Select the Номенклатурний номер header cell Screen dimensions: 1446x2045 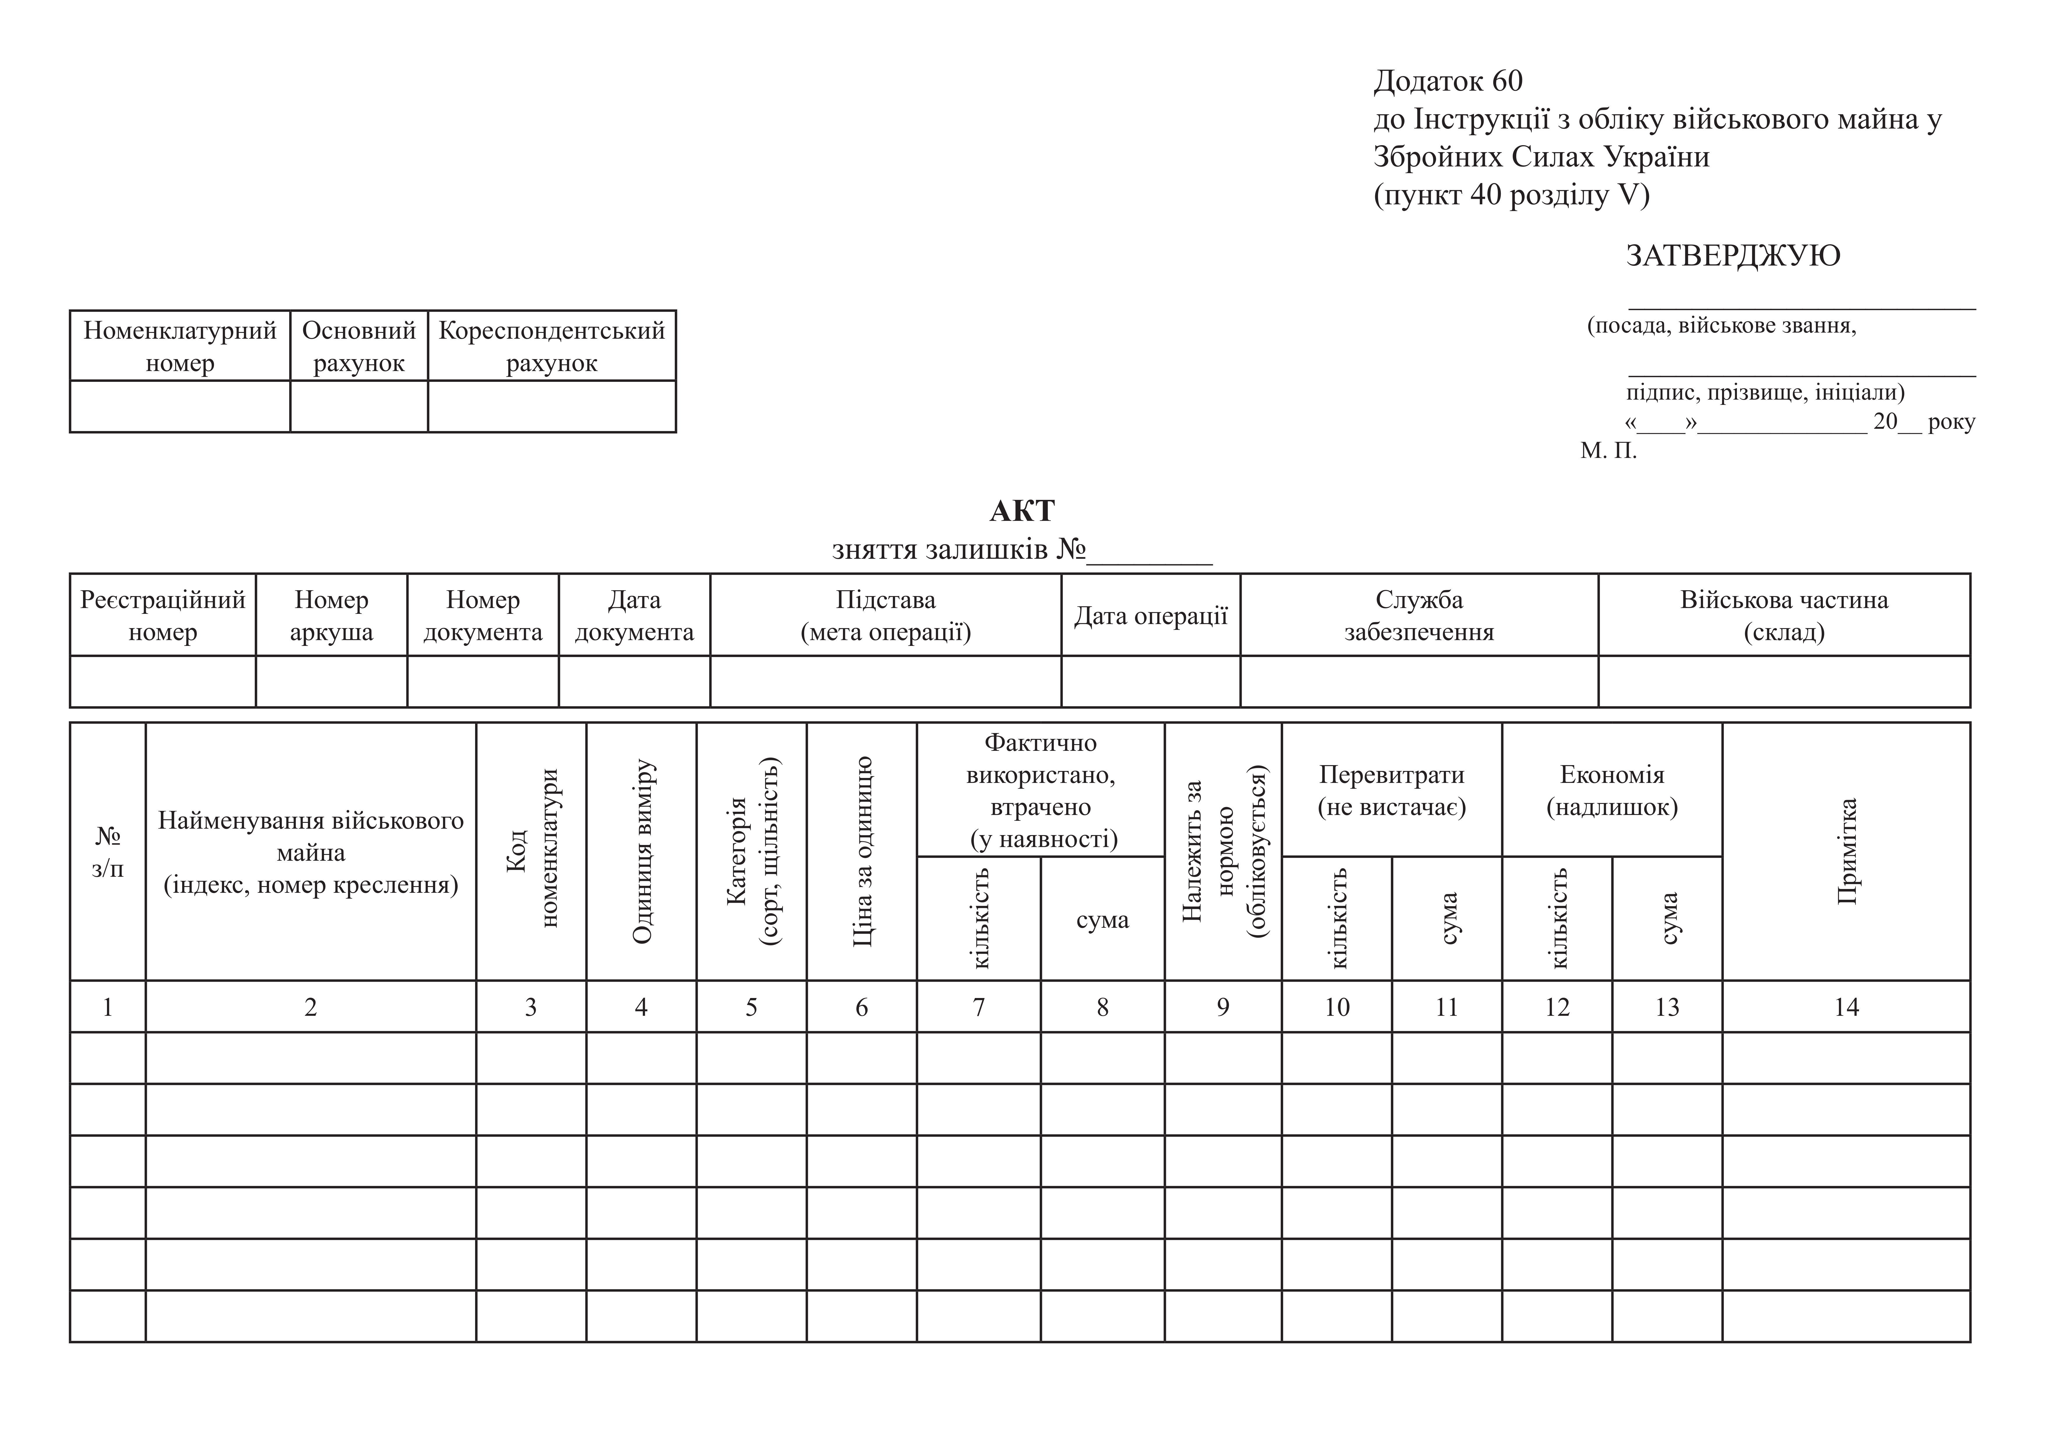[x=180, y=347]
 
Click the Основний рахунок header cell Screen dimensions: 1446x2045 [x=359, y=347]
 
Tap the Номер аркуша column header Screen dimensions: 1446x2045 [x=331, y=616]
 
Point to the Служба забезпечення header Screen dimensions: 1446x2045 [x=1419, y=616]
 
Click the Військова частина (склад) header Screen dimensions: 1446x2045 [x=1784, y=616]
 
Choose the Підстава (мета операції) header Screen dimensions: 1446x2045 [x=885, y=616]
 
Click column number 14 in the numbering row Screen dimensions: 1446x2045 [x=1847, y=1008]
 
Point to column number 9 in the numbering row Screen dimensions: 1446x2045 [x=1223, y=1008]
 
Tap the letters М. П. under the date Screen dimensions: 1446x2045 [x=1609, y=451]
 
